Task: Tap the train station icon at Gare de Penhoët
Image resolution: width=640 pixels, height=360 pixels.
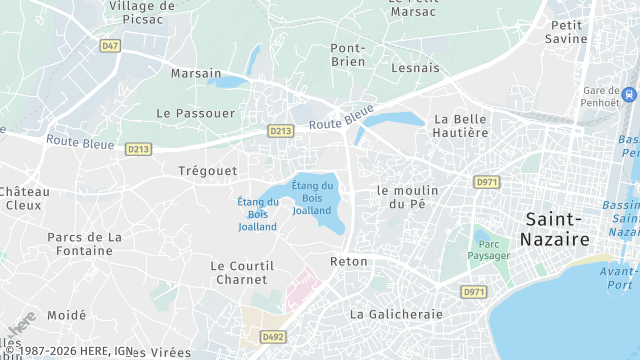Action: click(629, 95)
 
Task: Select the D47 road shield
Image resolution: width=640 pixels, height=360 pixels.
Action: click(110, 46)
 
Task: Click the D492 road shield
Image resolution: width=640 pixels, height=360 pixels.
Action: click(273, 337)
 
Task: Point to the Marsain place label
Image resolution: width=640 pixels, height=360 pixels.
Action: click(195, 73)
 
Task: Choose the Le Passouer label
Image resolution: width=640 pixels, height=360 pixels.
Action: click(196, 114)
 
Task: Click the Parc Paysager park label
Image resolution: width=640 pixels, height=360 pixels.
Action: click(488, 249)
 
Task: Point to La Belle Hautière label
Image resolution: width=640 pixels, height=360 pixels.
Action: click(461, 125)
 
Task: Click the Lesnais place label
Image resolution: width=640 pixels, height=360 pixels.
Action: click(417, 68)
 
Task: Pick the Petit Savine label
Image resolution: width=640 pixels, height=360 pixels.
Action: click(567, 31)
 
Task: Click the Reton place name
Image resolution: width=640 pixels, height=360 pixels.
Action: click(349, 261)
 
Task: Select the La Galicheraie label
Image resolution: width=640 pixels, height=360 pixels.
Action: click(396, 314)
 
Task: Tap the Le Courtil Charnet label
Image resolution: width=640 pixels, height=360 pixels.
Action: click(241, 272)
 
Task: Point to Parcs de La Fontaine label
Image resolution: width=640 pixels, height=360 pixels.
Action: click(85, 244)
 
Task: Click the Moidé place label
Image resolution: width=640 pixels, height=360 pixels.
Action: click(67, 315)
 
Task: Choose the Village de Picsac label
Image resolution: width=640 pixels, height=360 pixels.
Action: click(142, 12)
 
